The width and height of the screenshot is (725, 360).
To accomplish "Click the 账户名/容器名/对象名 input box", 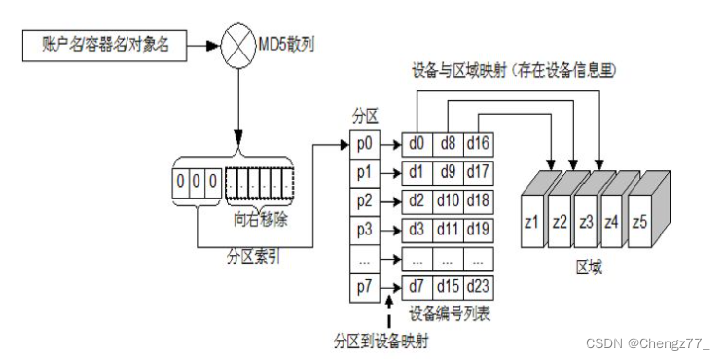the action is [104, 46].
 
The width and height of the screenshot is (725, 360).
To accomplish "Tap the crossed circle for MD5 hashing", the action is [238, 46].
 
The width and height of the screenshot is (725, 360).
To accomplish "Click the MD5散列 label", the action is [285, 46].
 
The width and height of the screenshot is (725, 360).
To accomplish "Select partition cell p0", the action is [364, 145].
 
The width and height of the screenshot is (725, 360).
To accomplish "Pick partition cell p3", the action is [364, 231].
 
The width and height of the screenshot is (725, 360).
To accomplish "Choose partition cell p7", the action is [364, 287].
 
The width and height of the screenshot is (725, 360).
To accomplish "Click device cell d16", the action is [478, 144].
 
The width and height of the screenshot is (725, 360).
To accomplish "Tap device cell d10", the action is [448, 201].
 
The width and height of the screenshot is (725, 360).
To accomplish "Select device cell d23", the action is [478, 287].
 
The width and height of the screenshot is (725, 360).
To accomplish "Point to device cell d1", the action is [417, 173].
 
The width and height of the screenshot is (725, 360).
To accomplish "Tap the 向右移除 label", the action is [261, 220].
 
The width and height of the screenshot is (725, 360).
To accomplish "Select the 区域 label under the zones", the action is [589, 267].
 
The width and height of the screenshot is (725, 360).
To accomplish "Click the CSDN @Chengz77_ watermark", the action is [647, 343].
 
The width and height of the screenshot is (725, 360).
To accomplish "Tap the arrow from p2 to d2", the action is [390, 202].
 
